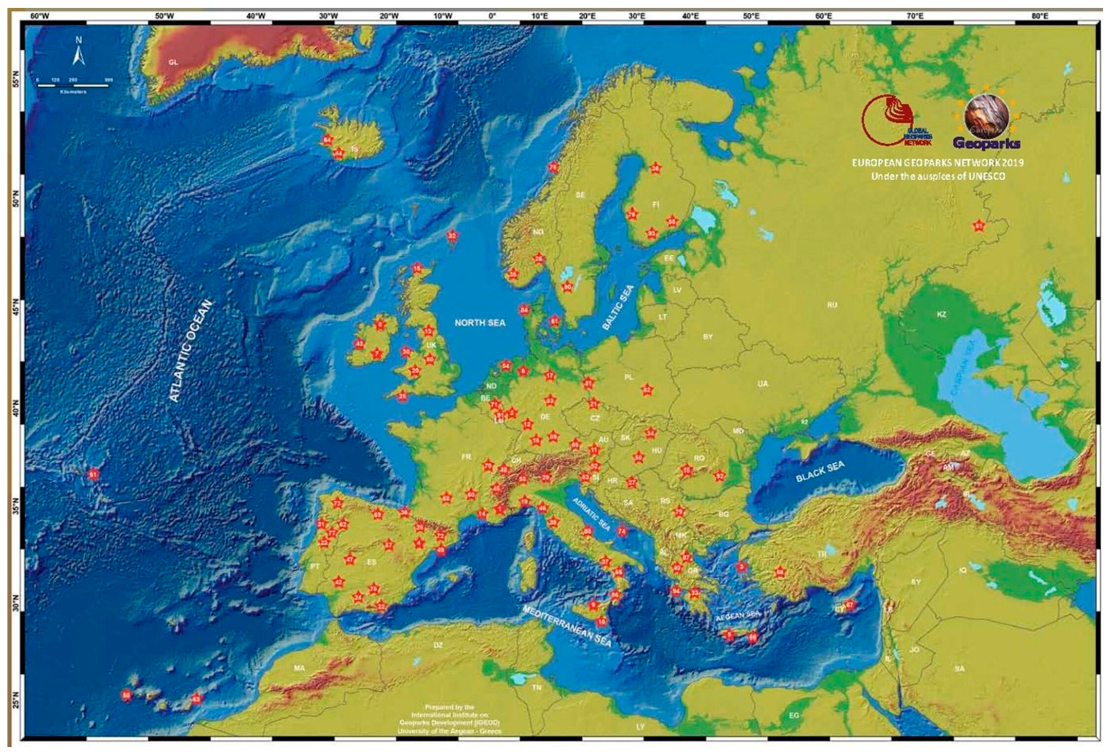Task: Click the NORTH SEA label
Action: [x=479, y=323]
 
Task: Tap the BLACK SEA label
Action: [x=820, y=471]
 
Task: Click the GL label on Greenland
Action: [x=173, y=62]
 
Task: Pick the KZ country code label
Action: [x=941, y=314]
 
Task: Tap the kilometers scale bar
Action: [x=73, y=85]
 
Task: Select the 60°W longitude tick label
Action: [x=39, y=16]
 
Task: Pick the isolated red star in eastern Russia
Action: [x=979, y=226]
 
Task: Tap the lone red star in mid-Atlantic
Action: [x=93, y=475]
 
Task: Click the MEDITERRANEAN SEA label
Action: [x=567, y=626]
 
